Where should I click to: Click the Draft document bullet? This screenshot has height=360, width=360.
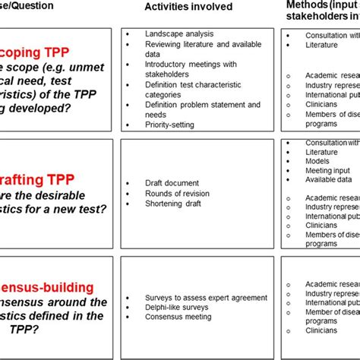pyautogui.click(x=172, y=183)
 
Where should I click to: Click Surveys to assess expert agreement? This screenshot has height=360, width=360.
pyautogui.click(x=206, y=297)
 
